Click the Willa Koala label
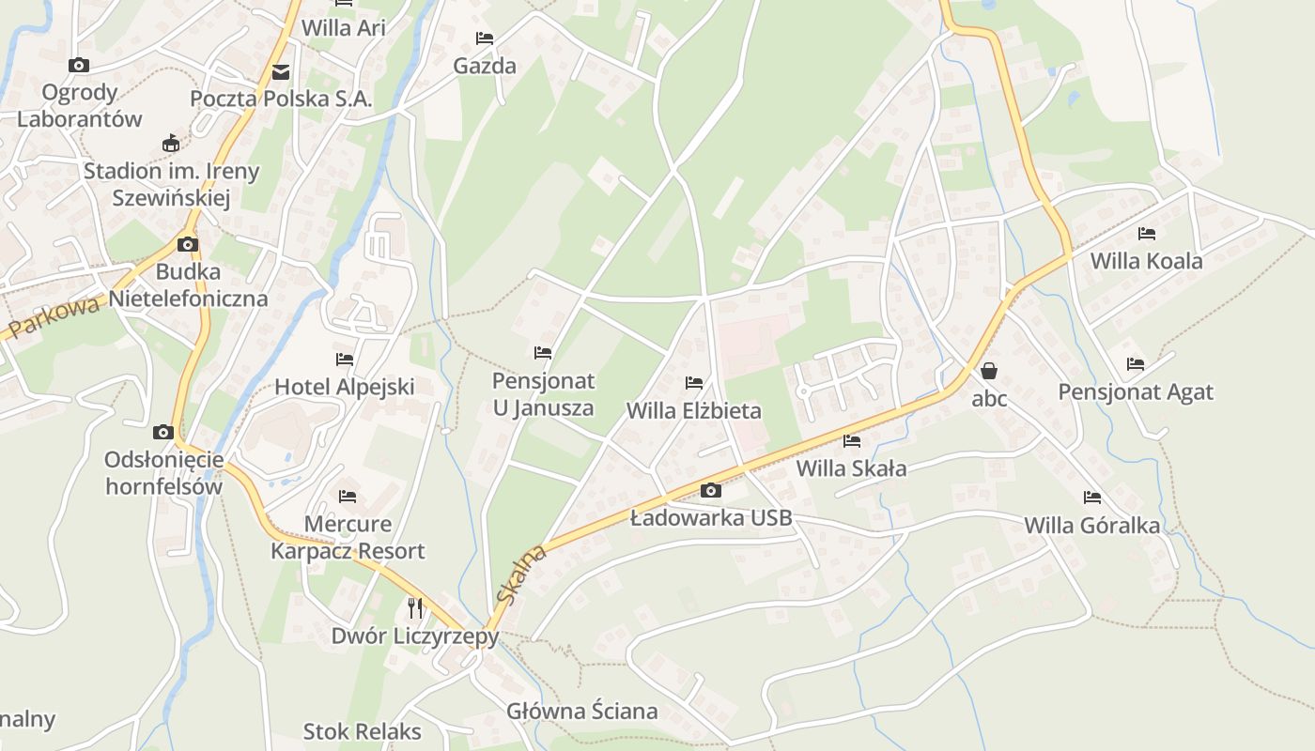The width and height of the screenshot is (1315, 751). point(1146,261)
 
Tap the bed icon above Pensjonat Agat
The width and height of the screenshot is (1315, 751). point(1136,363)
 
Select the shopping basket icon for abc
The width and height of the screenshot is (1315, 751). point(988,371)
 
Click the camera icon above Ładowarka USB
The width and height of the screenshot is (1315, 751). point(711,490)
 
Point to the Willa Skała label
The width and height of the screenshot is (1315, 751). point(851,468)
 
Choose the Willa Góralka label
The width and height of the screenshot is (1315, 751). point(1091,525)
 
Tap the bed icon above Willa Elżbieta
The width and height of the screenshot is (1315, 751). point(694,382)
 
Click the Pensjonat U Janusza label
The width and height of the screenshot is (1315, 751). point(543,394)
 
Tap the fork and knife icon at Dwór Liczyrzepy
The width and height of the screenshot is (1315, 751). point(415,607)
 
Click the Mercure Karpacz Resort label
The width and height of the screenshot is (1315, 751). point(348,537)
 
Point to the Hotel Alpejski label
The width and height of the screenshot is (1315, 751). point(344,387)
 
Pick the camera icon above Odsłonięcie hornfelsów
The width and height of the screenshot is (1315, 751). point(163,432)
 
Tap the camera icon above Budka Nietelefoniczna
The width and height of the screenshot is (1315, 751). point(188,245)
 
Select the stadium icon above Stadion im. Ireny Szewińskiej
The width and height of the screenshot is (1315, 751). point(170,144)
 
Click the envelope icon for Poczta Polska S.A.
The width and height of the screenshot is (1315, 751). point(280,72)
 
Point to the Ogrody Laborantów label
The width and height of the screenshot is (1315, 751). point(80,105)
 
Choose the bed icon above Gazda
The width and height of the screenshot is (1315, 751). point(485,38)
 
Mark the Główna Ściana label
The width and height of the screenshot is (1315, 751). point(581,711)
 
